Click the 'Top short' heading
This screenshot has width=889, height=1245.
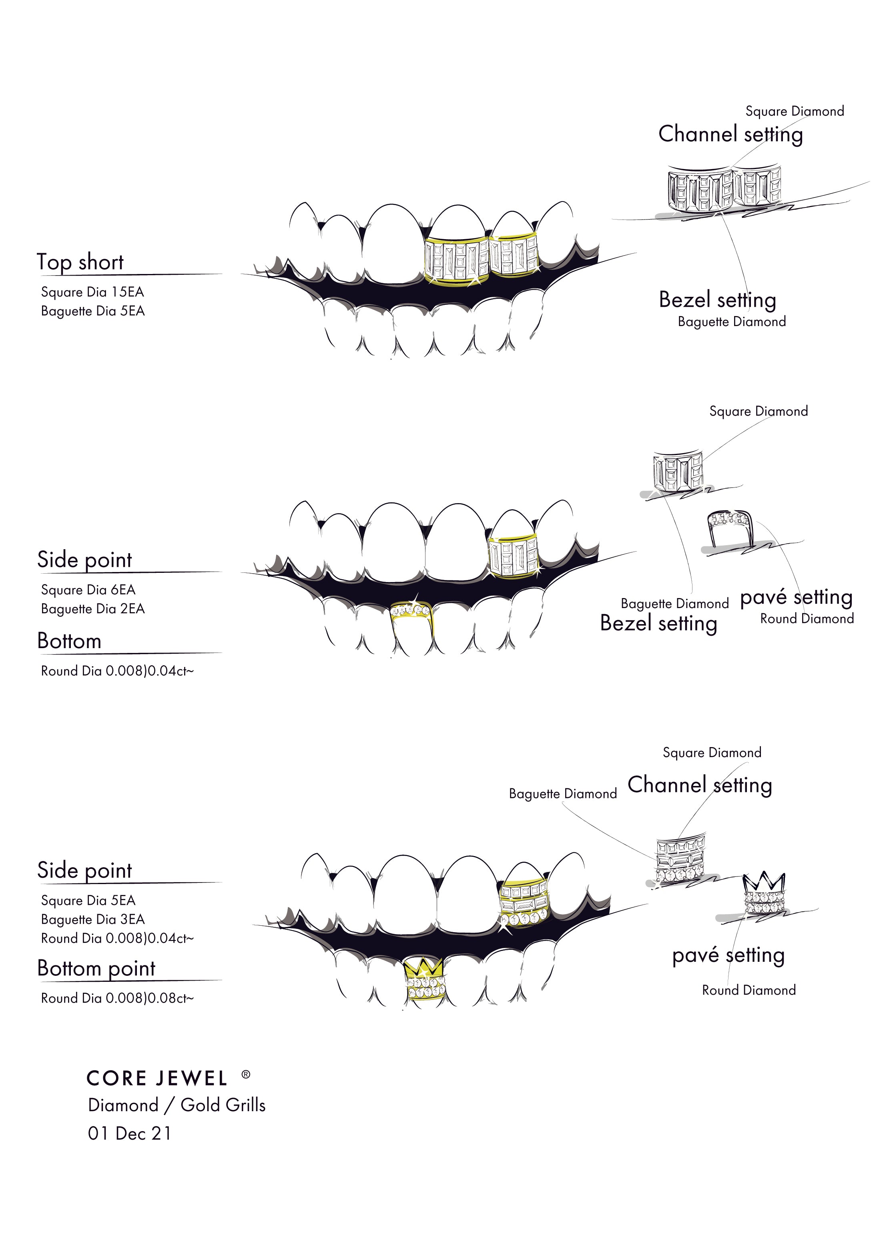point(80,262)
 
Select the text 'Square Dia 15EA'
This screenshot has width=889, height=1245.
point(92,292)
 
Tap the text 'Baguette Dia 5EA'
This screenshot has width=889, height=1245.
point(92,311)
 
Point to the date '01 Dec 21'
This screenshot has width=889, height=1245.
point(129,1133)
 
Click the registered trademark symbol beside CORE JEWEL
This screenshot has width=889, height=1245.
point(246,1075)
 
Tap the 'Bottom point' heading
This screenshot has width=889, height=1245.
point(96,968)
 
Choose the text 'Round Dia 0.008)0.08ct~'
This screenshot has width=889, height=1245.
point(117,998)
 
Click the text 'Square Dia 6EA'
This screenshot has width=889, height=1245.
point(88,590)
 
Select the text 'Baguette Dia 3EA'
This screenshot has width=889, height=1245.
point(92,920)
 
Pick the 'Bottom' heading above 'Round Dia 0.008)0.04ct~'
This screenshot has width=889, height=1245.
point(70,641)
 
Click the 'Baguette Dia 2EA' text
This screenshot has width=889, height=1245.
point(92,609)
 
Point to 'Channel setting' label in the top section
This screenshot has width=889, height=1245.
point(730,134)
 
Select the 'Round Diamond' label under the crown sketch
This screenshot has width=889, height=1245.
point(749,990)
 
